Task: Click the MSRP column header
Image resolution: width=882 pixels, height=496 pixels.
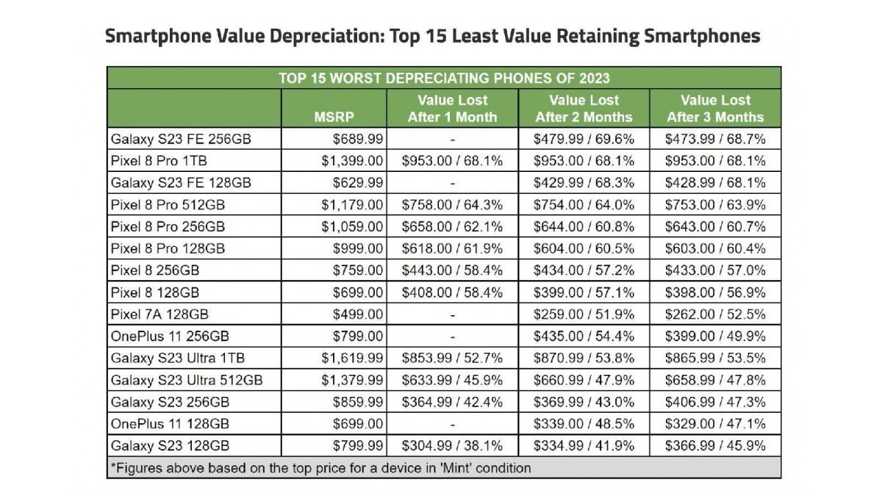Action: pos(334,116)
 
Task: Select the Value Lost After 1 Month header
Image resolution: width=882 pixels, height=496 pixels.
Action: pos(452,108)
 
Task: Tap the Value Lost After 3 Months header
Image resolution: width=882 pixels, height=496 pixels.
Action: pos(714,108)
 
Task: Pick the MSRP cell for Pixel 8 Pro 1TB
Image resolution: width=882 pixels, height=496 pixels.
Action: pos(351,161)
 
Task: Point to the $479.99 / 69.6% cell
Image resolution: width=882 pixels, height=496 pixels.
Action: pos(584,139)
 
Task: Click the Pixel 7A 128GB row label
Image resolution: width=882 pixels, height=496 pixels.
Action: pos(159,315)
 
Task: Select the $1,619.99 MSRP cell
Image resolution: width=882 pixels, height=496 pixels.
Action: pos(351,359)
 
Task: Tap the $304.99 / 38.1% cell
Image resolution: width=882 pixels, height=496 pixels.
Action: pos(452,446)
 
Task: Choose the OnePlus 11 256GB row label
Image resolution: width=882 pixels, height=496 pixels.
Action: pos(170,337)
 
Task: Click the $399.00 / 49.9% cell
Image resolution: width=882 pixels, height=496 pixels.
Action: pos(714,337)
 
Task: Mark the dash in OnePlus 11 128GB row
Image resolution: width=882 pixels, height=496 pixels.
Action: pos(452,424)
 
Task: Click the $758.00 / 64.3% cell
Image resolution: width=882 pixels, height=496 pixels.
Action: pos(452,204)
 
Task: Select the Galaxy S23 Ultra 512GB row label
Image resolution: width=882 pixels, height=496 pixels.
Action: pos(186,381)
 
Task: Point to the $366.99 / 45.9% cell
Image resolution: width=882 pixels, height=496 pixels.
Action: pos(714,446)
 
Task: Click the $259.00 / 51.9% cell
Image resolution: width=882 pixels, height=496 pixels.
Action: pos(584,315)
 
